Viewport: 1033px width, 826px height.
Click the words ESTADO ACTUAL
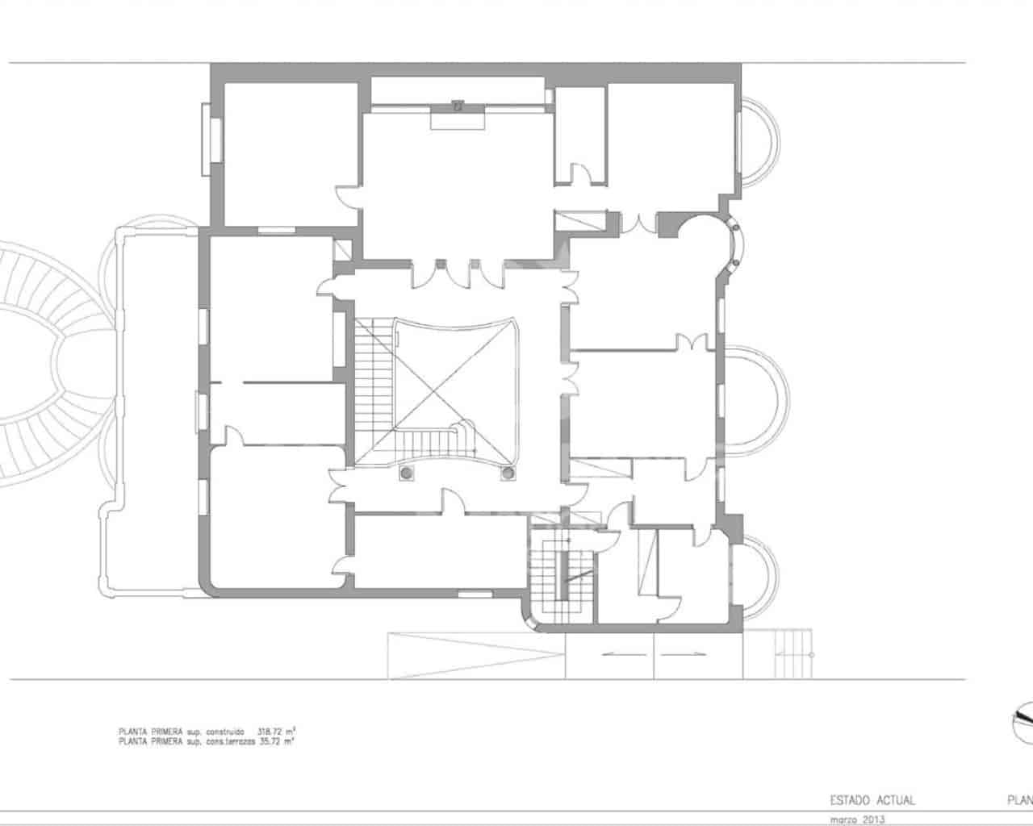[872, 801]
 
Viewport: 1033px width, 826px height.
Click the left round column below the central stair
[408, 473]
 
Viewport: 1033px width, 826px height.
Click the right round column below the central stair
[508, 473]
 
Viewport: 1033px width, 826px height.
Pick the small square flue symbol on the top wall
[458, 105]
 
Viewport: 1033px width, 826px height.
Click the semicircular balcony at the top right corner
[761, 142]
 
